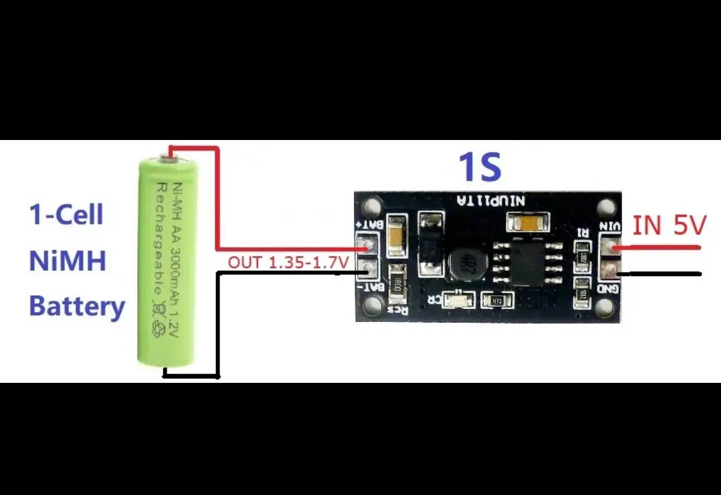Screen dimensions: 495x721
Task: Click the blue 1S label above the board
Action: pos(480,167)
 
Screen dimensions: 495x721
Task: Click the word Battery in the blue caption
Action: pos(77,306)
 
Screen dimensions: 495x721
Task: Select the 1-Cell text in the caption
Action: pos(66,215)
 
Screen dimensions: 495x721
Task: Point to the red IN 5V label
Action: pos(669,225)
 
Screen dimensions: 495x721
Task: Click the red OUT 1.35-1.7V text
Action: pos(288,263)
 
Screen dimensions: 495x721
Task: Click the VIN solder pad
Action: pos(609,247)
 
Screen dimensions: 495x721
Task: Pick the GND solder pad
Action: pos(609,269)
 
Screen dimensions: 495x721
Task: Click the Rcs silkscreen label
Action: pos(398,310)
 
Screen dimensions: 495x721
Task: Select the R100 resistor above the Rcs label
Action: pos(398,284)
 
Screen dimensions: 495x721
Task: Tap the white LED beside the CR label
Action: pos(459,300)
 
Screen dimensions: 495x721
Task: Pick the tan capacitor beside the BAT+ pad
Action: pos(396,235)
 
